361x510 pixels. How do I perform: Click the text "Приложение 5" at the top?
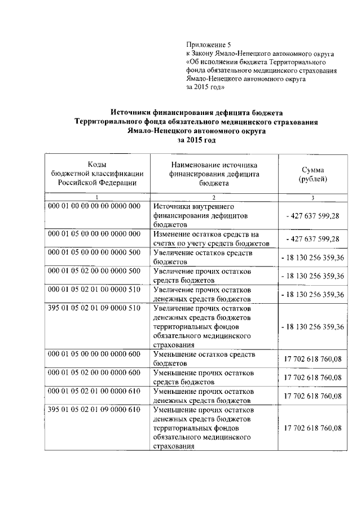(209, 45)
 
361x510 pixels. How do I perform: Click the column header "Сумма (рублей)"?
(313, 174)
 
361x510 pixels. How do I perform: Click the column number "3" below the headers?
(313, 197)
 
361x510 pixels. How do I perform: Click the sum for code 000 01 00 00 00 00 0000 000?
(313, 215)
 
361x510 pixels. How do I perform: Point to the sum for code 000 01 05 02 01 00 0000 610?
(313, 396)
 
